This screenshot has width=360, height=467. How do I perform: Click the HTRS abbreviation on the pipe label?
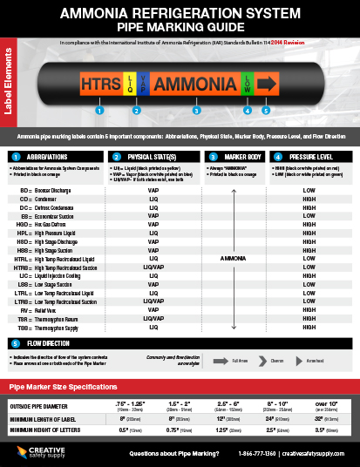(100, 84)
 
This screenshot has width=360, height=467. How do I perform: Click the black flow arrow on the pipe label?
(267, 84)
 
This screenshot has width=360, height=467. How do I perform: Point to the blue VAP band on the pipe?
(142, 84)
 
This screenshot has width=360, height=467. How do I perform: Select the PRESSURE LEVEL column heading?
(310, 156)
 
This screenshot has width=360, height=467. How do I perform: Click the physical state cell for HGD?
(153, 226)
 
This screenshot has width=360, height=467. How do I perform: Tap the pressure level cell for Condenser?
(309, 199)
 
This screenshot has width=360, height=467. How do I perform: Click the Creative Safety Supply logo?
(35, 450)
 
